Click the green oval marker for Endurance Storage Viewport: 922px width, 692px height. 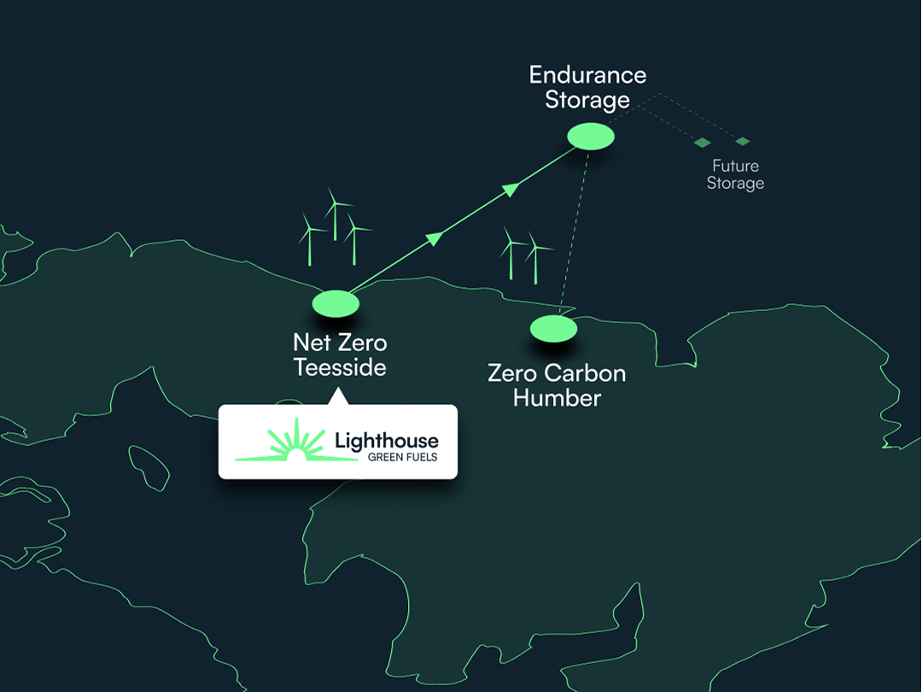(591, 137)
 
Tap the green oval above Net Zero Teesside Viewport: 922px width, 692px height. (336, 303)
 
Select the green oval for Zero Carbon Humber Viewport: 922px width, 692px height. (553, 329)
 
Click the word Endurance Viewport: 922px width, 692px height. (587, 74)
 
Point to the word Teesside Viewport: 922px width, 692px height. (340, 367)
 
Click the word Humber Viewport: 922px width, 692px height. (557, 398)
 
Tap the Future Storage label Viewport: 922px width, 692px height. (736, 174)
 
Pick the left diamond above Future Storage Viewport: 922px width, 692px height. (702, 143)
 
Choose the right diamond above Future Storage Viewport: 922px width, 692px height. (743, 141)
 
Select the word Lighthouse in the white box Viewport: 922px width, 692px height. (387, 440)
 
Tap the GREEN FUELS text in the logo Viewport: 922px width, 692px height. (403, 457)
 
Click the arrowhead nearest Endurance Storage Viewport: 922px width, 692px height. (511, 190)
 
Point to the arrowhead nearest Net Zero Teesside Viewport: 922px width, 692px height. (435, 238)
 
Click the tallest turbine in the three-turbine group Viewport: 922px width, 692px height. (336, 214)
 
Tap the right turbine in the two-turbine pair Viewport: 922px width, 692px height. (535, 258)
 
